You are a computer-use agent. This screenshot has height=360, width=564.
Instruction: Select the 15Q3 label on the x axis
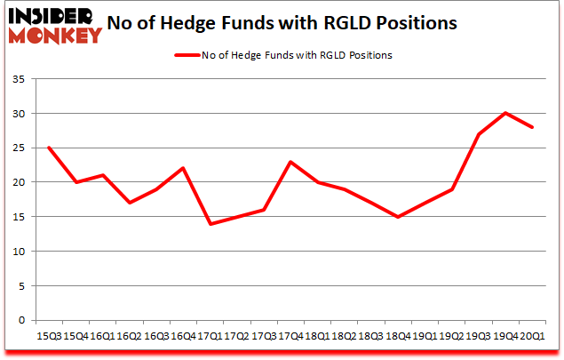(x=49, y=336)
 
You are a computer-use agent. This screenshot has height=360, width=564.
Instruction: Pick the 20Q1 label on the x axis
(x=532, y=336)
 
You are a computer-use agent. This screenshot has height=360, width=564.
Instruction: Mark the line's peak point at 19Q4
(x=505, y=113)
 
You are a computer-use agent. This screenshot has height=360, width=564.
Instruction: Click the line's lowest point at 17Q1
(x=209, y=223)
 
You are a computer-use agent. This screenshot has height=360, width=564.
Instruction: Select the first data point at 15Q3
(x=49, y=148)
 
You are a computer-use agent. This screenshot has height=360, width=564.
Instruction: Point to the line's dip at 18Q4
(x=399, y=217)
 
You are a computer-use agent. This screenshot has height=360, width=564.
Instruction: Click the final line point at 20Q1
(x=532, y=127)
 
